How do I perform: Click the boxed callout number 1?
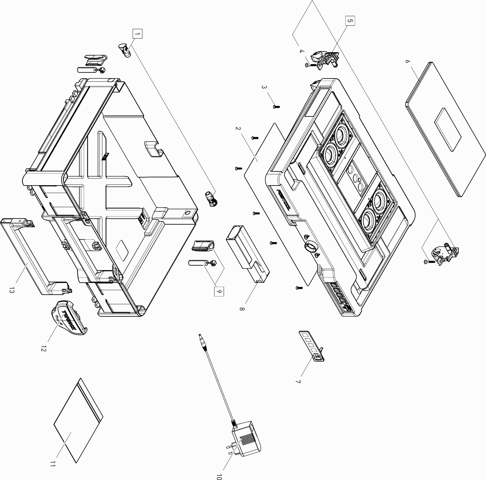click(137, 34)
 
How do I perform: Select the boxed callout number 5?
click(350, 21)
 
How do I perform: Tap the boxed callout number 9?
click(219, 291)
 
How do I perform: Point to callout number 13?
click(11, 290)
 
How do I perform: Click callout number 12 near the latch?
click(44, 349)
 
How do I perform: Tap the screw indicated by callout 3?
click(276, 107)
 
